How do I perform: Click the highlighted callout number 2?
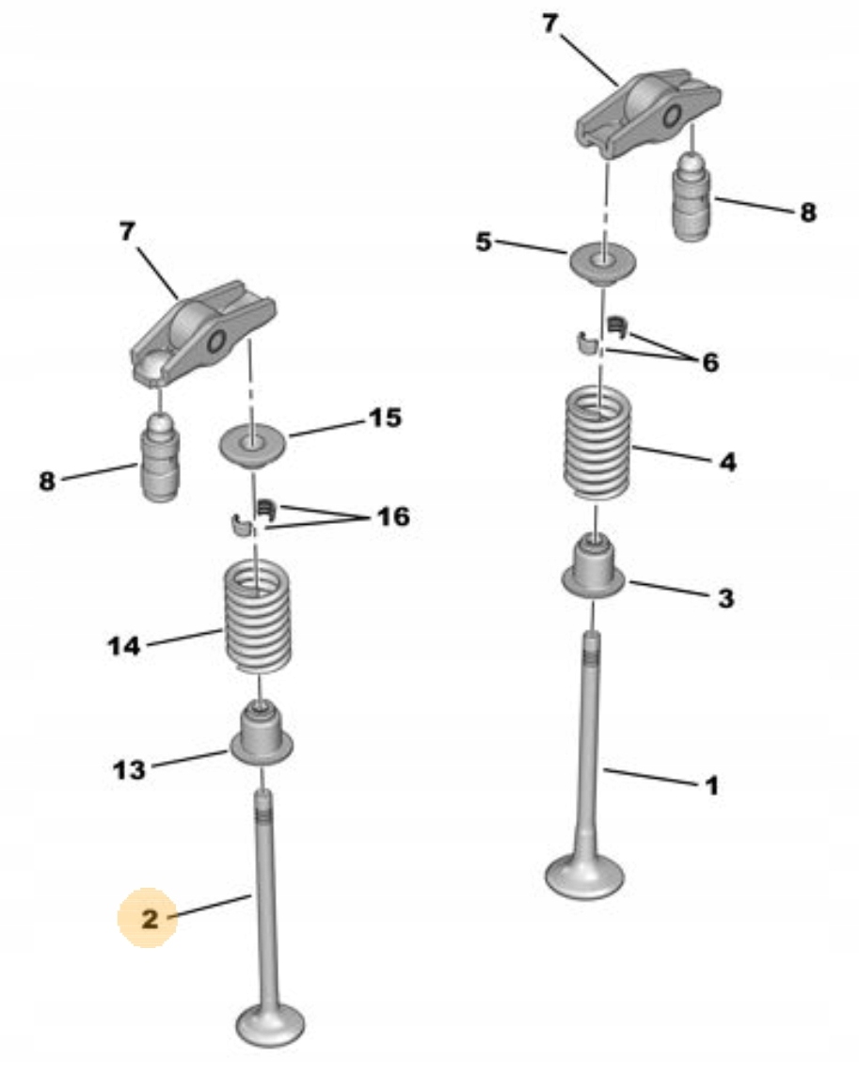[150, 919]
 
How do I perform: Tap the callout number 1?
[711, 785]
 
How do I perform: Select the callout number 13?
[129, 769]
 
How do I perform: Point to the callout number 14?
[123, 647]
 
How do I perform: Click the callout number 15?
[385, 418]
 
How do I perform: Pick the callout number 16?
[393, 516]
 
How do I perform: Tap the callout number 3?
[725, 598]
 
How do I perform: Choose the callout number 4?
[727, 461]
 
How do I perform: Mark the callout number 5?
[484, 242]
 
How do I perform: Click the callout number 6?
[709, 362]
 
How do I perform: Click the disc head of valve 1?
[584, 876]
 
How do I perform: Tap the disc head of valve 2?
[270, 1024]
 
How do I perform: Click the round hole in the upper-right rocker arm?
[673, 116]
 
